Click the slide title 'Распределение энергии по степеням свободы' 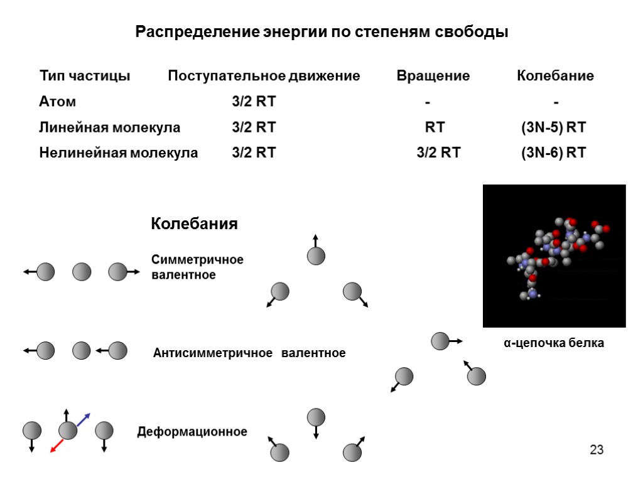point(321,32)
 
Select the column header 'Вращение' point(433,77)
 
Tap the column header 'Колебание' point(555,77)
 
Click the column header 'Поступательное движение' point(264,77)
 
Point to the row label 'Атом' point(58,102)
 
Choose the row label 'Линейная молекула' point(109,127)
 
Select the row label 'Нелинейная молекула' point(118,153)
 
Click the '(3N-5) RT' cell point(553,127)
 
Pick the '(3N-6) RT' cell point(553,153)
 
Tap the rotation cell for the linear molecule point(435,127)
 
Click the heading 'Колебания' point(194,224)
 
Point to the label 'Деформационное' point(192,432)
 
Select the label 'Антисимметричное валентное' point(249,353)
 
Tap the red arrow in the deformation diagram point(57,445)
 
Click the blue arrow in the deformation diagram point(84,419)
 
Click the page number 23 point(596,449)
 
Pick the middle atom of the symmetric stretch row point(82,272)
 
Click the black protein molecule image point(554,255)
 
